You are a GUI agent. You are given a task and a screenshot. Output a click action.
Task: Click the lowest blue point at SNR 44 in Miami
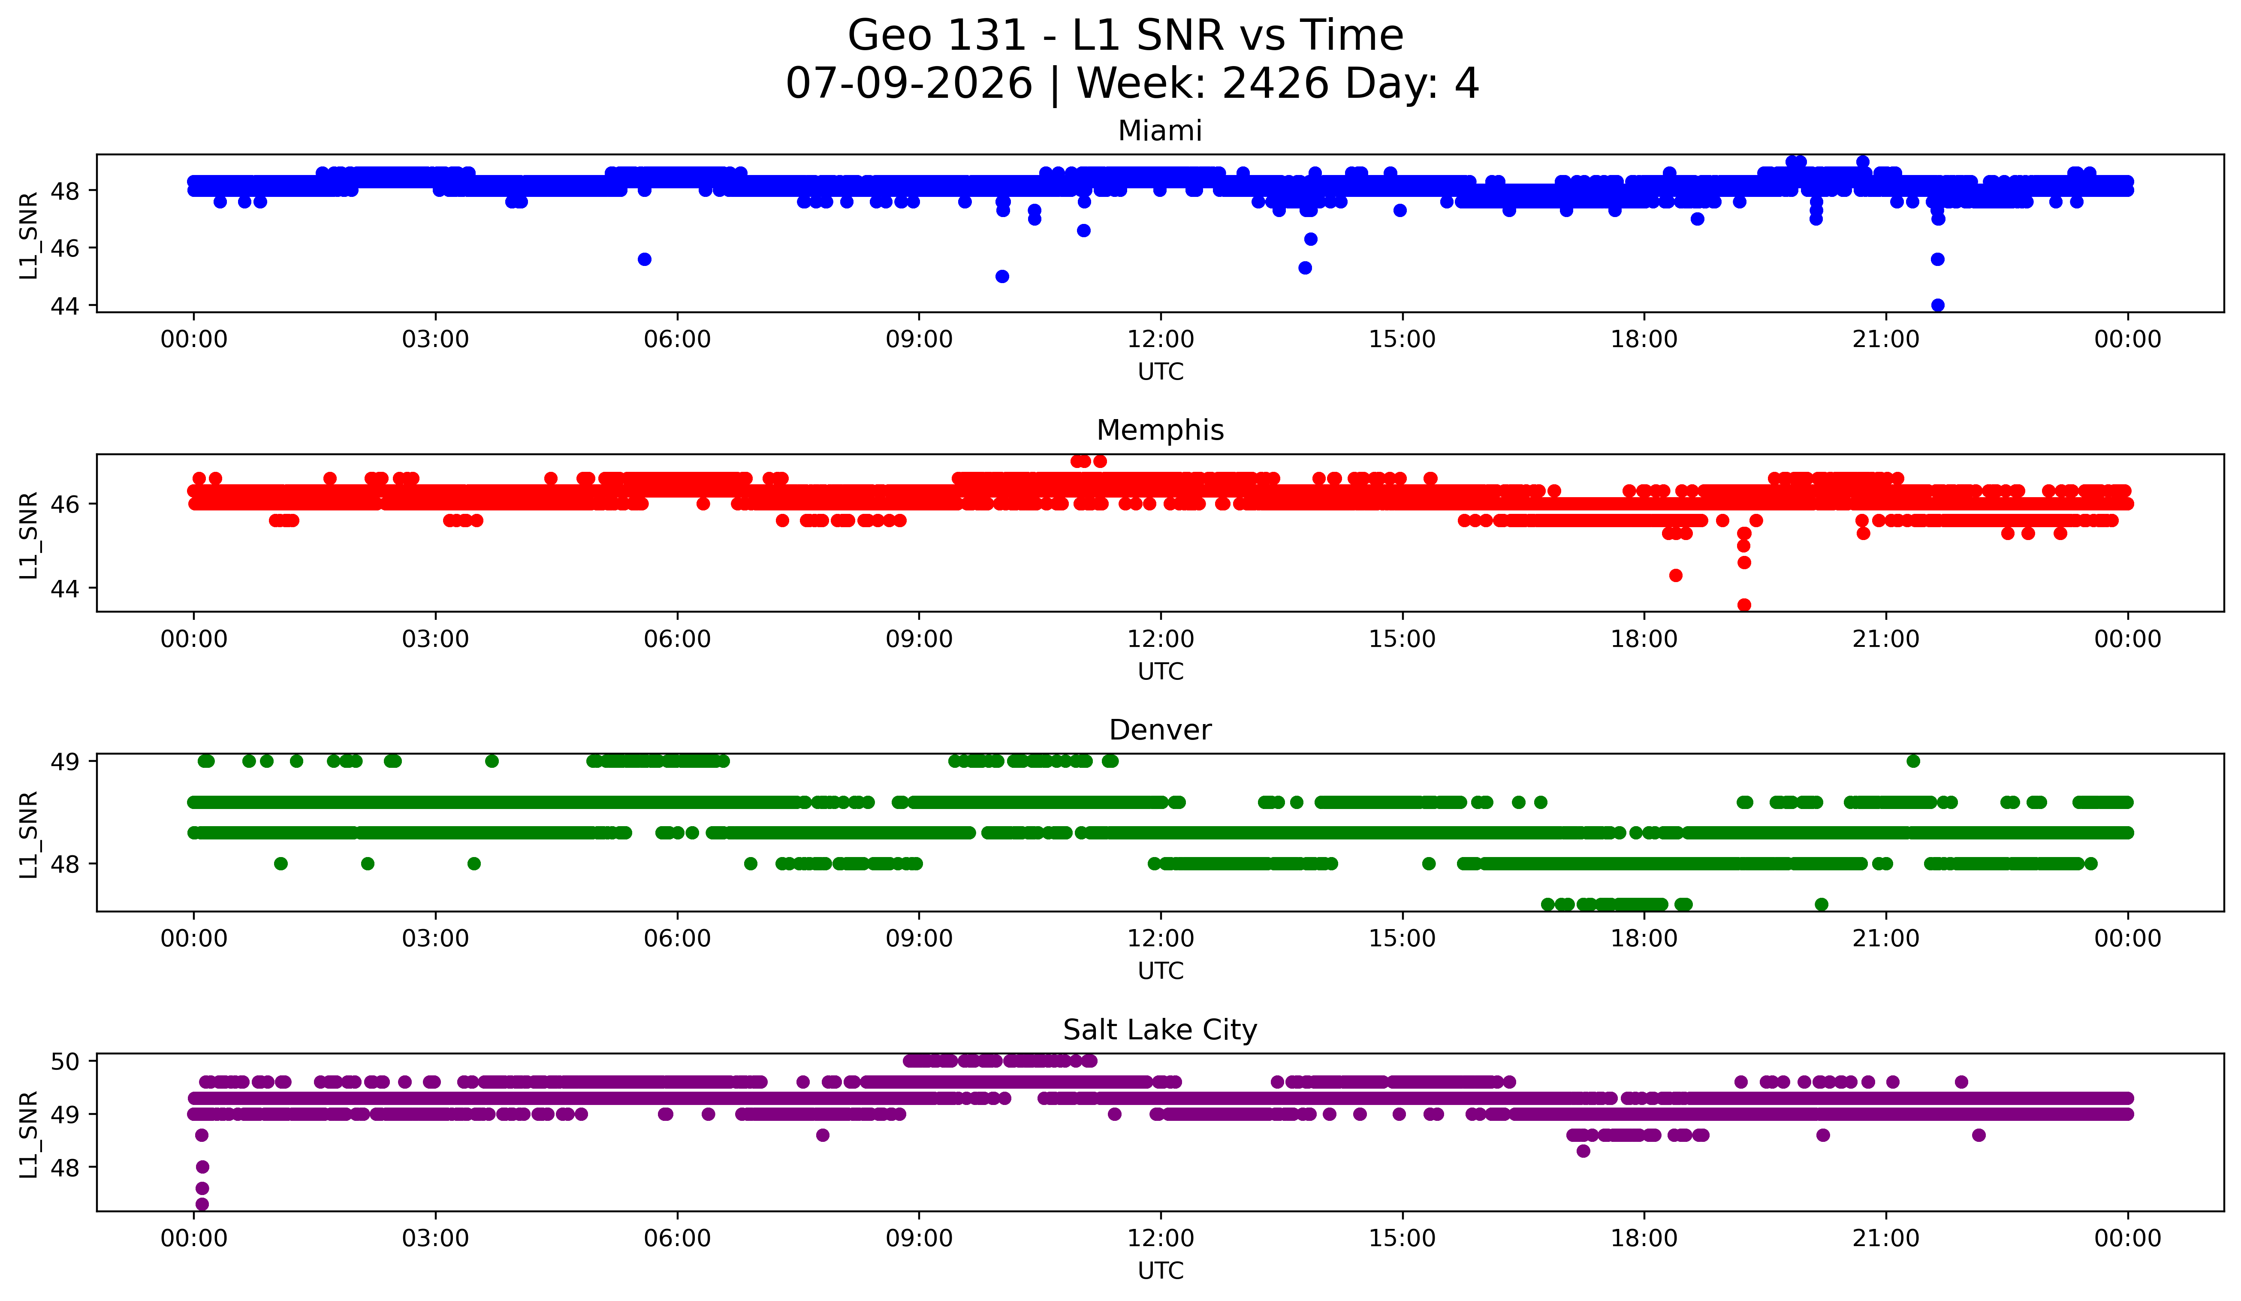[1938, 305]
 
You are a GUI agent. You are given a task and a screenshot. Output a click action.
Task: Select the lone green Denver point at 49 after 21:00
[1913, 761]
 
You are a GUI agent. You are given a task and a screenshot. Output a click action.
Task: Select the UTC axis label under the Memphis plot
[1161, 671]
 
